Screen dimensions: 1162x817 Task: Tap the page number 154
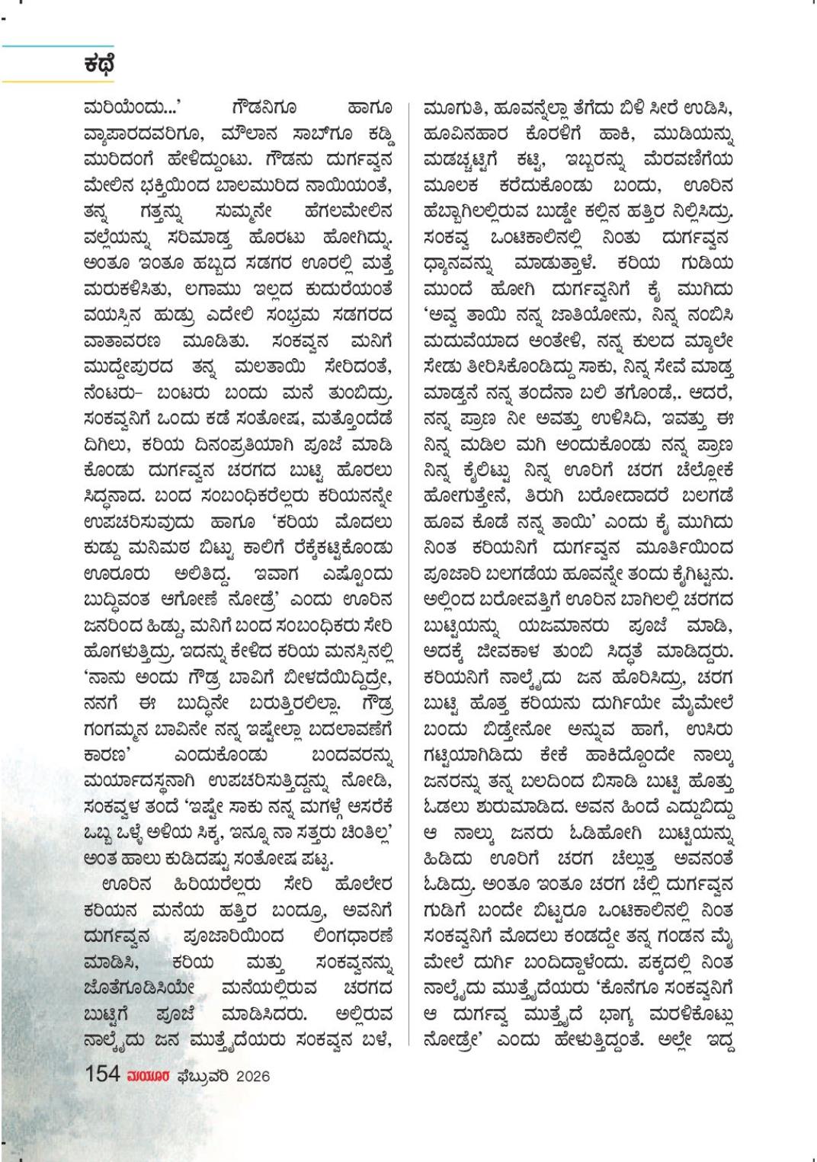[102, 1074]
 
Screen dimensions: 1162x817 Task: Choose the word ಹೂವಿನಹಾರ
[466, 136]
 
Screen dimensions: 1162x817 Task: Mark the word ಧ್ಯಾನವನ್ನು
[460, 264]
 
